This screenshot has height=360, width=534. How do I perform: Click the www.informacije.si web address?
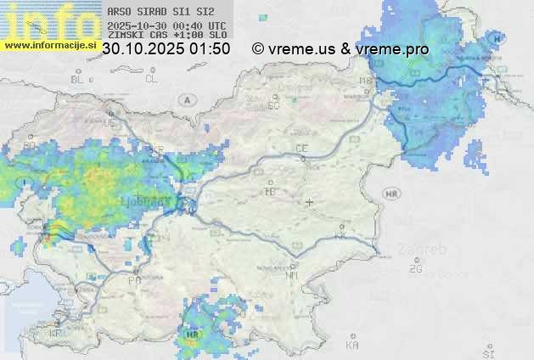[49, 44]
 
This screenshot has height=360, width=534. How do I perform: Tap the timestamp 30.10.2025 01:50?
[166, 49]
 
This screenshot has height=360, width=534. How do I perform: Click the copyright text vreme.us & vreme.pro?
[340, 49]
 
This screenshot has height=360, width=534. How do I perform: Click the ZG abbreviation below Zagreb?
[415, 269]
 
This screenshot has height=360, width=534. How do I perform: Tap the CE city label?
[301, 149]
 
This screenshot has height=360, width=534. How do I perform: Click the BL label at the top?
[79, 79]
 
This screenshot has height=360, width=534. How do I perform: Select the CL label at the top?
[151, 79]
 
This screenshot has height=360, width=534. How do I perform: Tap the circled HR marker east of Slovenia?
[391, 194]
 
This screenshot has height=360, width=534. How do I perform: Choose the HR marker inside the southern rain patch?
[191, 335]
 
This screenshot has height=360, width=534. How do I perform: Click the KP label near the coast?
[56, 334]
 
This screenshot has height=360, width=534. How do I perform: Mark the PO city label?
[134, 280]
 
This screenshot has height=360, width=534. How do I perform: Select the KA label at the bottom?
[352, 346]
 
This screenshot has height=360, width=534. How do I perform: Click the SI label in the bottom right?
[487, 352]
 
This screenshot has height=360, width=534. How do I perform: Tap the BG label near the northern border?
[273, 105]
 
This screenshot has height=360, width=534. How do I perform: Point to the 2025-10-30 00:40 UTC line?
[166, 25]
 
